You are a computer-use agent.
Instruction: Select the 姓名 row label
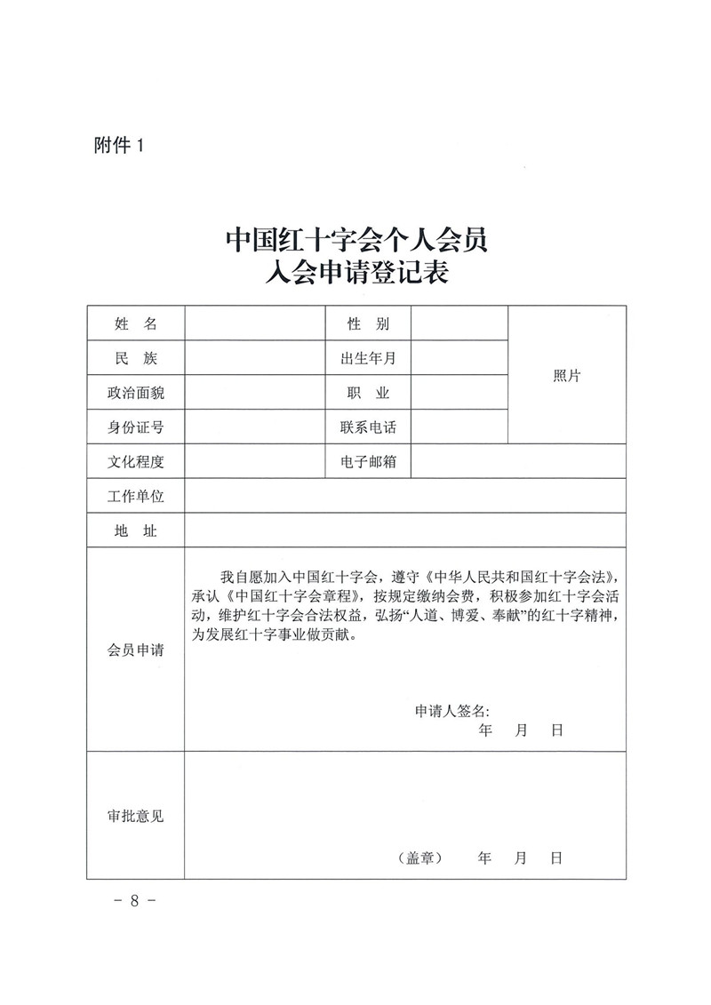(136, 324)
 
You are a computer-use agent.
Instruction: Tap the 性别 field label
(368, 324)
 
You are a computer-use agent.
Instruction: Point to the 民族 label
(136, 358)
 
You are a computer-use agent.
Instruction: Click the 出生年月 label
(368, 358)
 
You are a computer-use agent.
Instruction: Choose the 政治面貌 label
(136, 393)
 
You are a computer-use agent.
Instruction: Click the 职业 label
(368, 393)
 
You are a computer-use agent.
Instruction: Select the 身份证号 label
(136, 427)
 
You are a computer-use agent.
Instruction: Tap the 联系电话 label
(368, 427)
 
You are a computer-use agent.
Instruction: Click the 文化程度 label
(136, 462)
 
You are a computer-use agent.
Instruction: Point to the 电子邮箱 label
(368, 462)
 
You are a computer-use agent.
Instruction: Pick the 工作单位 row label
(136, 496)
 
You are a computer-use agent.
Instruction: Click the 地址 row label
(136, 530)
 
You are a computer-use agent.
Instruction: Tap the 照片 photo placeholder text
(566, 376)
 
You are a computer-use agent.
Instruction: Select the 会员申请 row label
(136, 650)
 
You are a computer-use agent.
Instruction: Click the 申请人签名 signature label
(451, 711)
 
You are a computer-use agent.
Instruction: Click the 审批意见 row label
(136, 816)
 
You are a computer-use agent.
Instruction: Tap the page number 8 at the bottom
(135, 900)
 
